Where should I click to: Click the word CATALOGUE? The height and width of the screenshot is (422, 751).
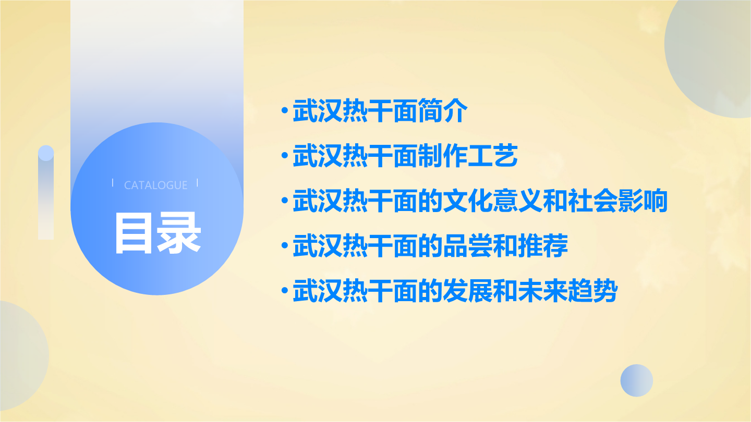point(155,185)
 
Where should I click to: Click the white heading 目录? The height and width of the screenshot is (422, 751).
point(158,233)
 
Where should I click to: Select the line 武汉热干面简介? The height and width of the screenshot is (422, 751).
point(380,110)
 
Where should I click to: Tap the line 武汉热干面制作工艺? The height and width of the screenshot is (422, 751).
point(405,155)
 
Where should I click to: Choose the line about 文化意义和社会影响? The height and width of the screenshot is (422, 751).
point(480,201)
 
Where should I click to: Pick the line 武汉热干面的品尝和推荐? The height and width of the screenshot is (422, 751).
point(430,245)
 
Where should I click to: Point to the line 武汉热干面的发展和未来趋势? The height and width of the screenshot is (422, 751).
point(455,291)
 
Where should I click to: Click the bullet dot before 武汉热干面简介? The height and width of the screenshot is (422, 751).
point(285,110)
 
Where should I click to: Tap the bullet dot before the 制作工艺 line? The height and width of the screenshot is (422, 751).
point(285,155)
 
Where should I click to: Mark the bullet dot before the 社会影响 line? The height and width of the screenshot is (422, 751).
point(285,200)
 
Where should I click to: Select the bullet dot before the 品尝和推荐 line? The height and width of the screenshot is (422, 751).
point(285,245)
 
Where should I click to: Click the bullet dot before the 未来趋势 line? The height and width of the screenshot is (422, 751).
point(285,290)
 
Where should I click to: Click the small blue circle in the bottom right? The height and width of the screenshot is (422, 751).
point(637,380)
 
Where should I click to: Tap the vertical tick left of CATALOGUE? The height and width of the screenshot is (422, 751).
point(113,183)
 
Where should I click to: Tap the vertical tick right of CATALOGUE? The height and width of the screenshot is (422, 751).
point(198,183)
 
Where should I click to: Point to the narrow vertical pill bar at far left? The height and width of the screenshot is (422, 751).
point(46,193)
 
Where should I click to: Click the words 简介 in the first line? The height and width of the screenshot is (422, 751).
point(443,110)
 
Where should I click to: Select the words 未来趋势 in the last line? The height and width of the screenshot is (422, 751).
point(568,291)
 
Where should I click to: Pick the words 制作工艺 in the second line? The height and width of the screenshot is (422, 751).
point(468,155)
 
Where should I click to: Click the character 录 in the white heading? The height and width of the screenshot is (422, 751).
point(179,233)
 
